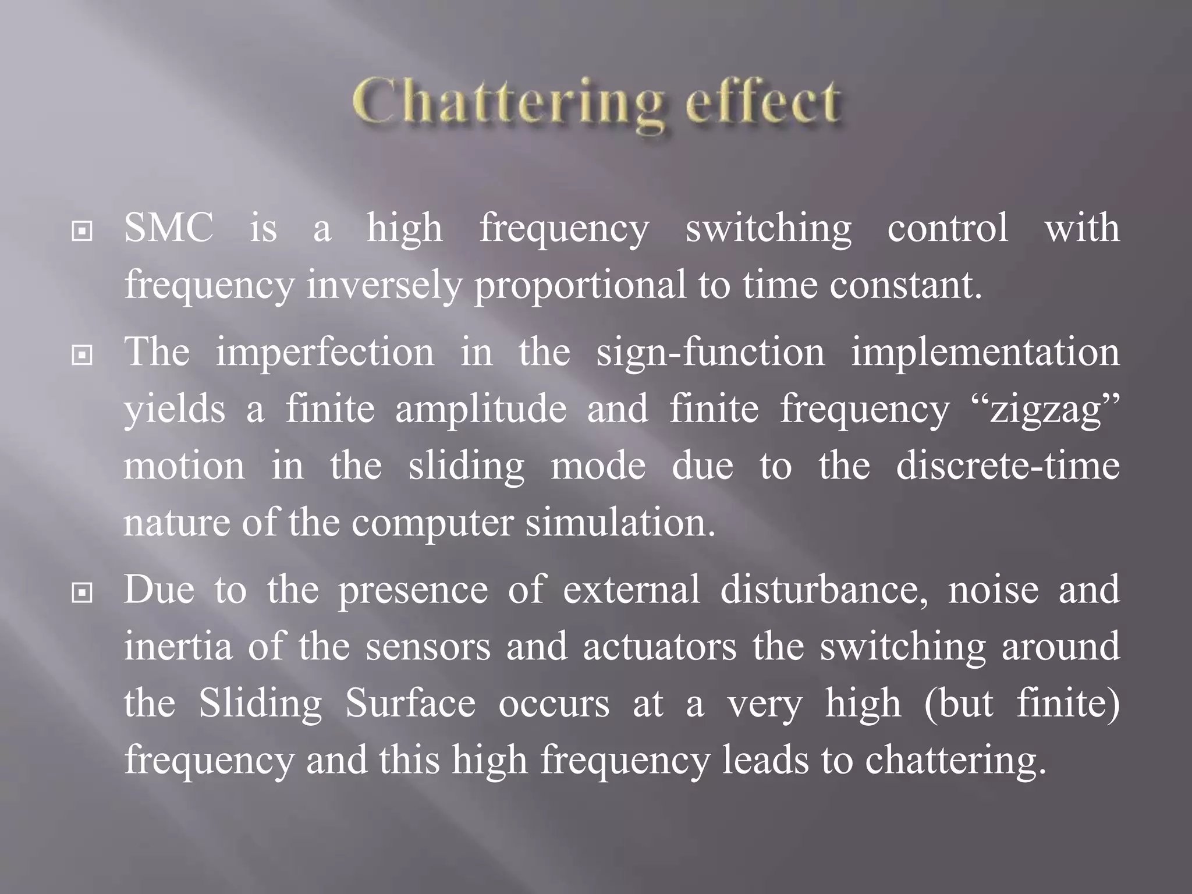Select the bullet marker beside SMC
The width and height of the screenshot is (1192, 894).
click(82, 232)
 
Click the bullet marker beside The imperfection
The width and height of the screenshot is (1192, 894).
click(82, 355)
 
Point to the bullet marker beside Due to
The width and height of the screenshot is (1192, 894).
click(82, 593)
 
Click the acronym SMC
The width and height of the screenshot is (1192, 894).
click(169, 228)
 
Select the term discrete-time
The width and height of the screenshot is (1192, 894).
click(1007, 466)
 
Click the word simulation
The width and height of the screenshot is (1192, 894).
click(620, 523)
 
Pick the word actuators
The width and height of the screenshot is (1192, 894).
click(660, 647)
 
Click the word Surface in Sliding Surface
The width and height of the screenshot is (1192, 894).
click(410, 704)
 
